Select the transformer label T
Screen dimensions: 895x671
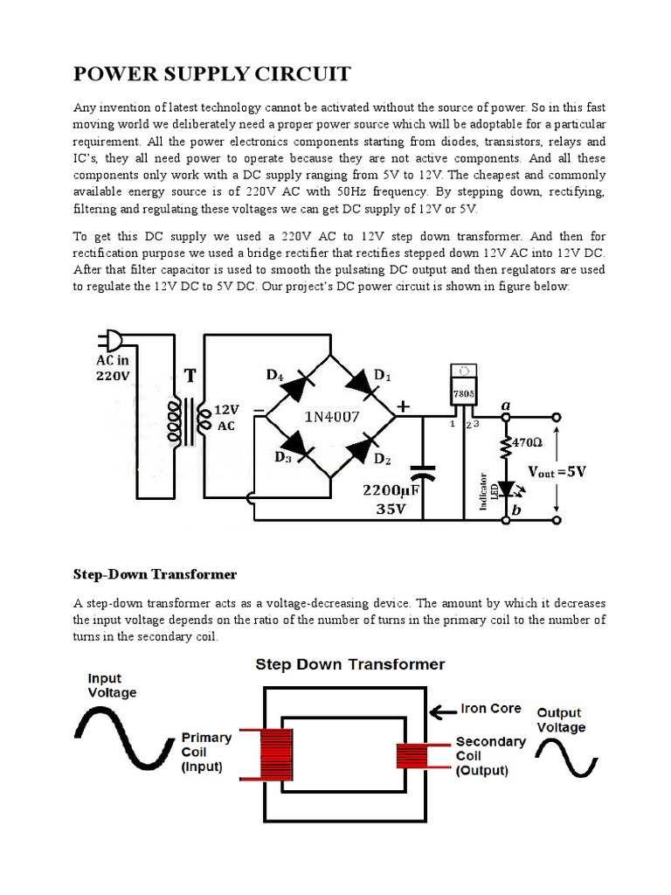[x=190, y=376]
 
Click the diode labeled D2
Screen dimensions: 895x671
[x=361, y=446]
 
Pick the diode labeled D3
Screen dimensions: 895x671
[x=297, y=446]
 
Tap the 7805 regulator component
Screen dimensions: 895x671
[x=462, y=392]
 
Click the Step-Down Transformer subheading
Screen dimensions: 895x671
[x=154, y=574]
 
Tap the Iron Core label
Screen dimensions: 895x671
[x=491, y=708]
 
